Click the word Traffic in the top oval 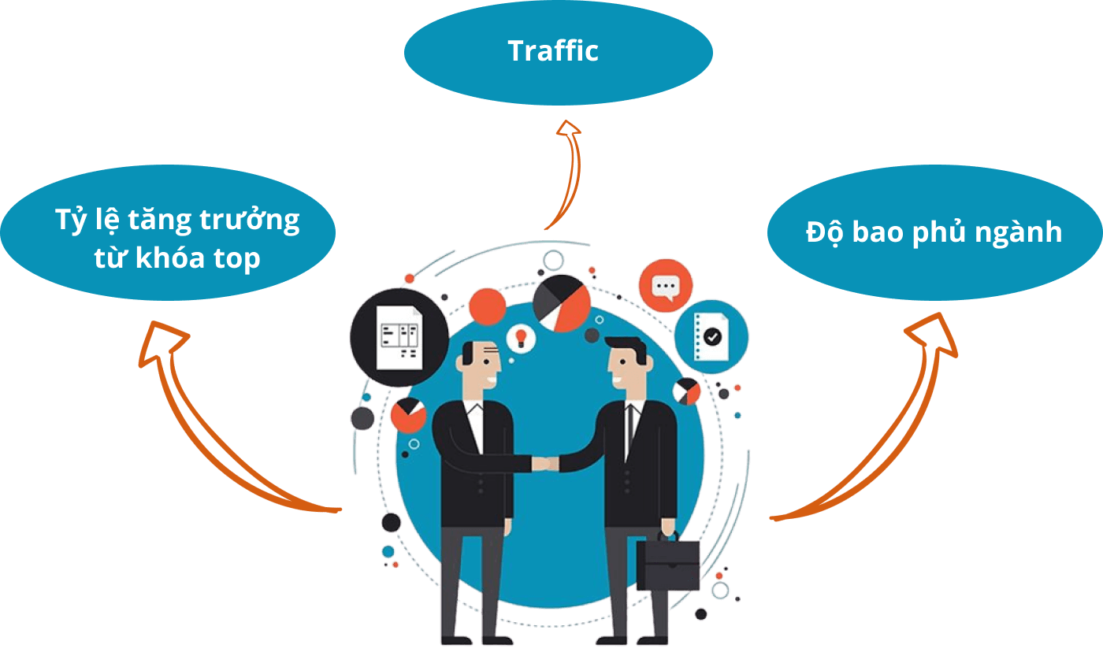(x=553, y=51)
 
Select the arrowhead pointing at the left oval (x=162, y=342)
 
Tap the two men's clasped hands (x=545, y=463)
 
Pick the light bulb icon (x=520, y=338)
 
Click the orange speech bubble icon (x=666, y=286)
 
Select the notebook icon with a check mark (x=711, y=336)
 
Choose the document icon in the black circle (x=399, y=336)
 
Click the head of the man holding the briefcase (x=627, y=365)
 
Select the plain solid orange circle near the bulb (x=487, y=306)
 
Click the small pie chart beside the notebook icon (x=687, y=391)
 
